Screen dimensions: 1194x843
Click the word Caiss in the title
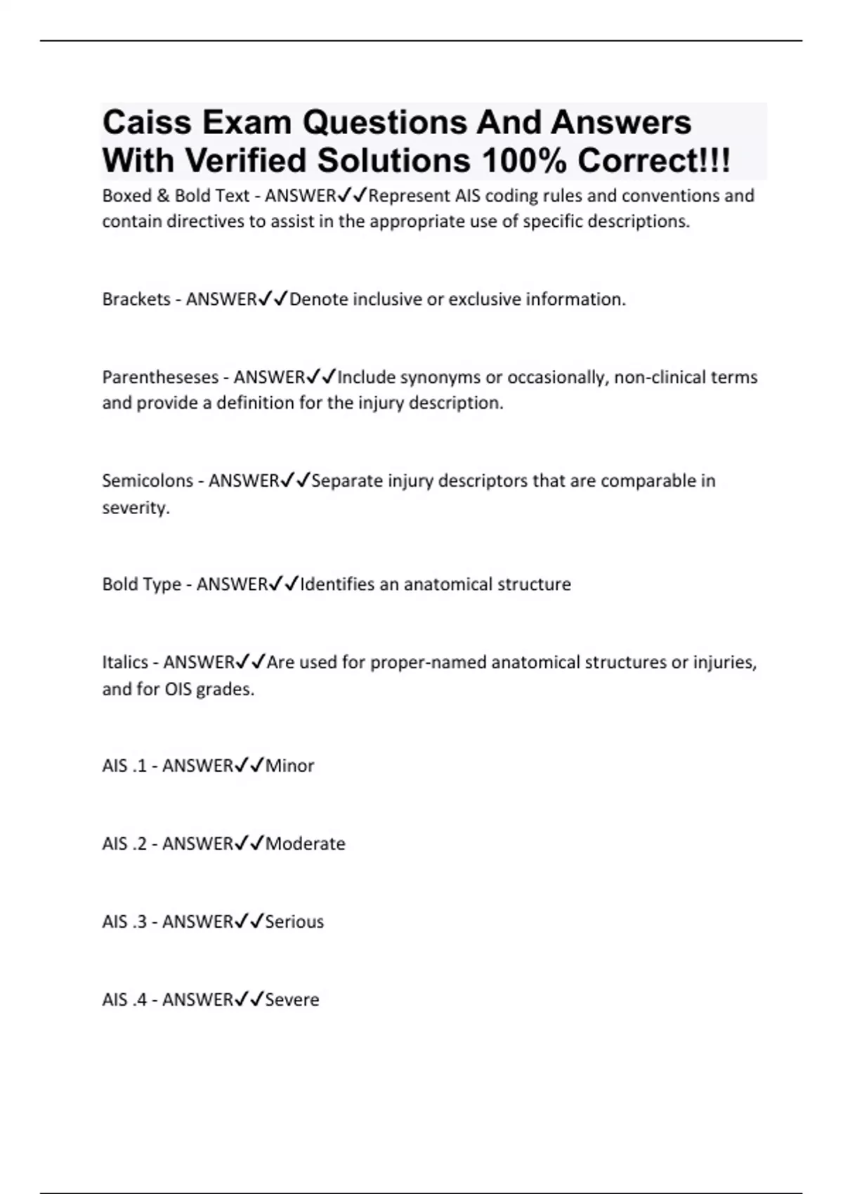point(147,123)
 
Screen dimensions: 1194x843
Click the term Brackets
point(136,299)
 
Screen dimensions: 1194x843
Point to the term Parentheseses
point(160,377)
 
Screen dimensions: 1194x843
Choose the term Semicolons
point(148,481)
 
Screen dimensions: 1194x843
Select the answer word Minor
point(289,766)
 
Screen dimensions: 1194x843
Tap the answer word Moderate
point(306,844)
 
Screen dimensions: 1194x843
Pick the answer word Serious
point(294,921)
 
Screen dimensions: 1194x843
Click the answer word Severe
point(292,999)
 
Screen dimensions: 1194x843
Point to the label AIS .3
point(124,921)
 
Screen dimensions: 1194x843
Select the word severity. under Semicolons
point(136,508)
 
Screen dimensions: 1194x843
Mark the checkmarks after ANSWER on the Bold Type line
point(285,584)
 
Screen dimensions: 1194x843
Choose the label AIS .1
point(124,766)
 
